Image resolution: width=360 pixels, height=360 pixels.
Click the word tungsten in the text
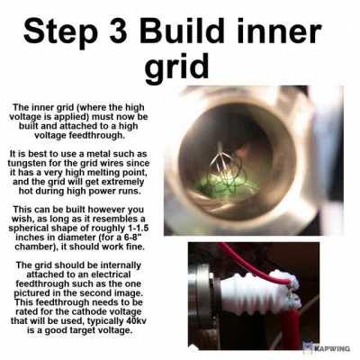pos(26,164)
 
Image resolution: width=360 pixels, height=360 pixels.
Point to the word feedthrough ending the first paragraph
pos(79,136)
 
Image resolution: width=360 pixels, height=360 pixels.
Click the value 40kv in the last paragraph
pos(139,321)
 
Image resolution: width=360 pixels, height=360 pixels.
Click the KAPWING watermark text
pos(332,348)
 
